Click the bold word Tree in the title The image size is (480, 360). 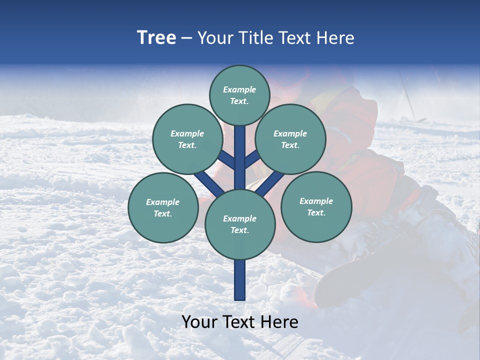click(156, 38)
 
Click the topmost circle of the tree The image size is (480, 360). click(239, 95)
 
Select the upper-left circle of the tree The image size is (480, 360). click(187, 139)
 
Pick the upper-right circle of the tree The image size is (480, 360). click(290, 139)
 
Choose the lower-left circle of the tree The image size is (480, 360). click(162, 207)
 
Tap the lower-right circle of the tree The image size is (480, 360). click(316, 206)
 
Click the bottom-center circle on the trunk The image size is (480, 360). click(239, 224)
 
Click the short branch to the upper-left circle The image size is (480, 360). click(226, 159)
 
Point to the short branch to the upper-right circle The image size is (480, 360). click(252, 158)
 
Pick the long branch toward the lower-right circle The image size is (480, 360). click(271, 182)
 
